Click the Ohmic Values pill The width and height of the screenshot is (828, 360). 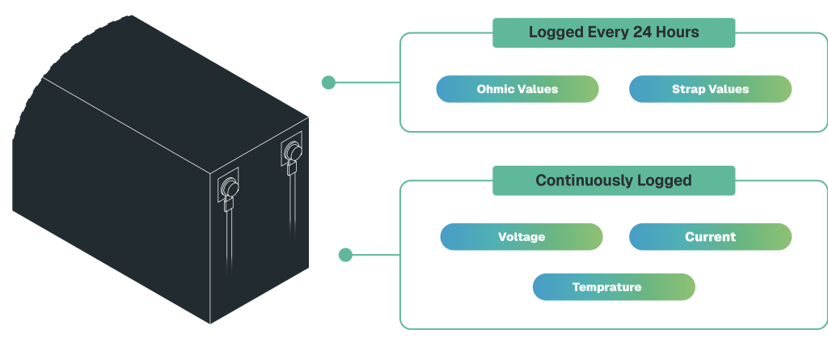[x=517, y=89]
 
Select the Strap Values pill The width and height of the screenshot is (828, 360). [x=710, y=89]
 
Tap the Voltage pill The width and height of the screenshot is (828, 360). [x=522, y=237]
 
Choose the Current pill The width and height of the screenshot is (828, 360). [x=710, y=237]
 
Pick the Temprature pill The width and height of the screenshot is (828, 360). [x=614, y=287]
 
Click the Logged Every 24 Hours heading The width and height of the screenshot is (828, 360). [x=614, y=33]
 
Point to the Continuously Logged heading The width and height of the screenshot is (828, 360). [x=614, y=180]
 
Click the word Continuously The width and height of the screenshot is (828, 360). [x=581, y=180]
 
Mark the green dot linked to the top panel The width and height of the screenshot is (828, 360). [x=328, y=82]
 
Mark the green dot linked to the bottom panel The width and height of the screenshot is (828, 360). [x=345, y=255]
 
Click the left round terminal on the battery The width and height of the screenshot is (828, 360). [x=230, y=188]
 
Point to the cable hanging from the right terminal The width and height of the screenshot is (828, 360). [x=292, y=202]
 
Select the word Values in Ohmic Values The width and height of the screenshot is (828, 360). [x=538, y=89]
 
